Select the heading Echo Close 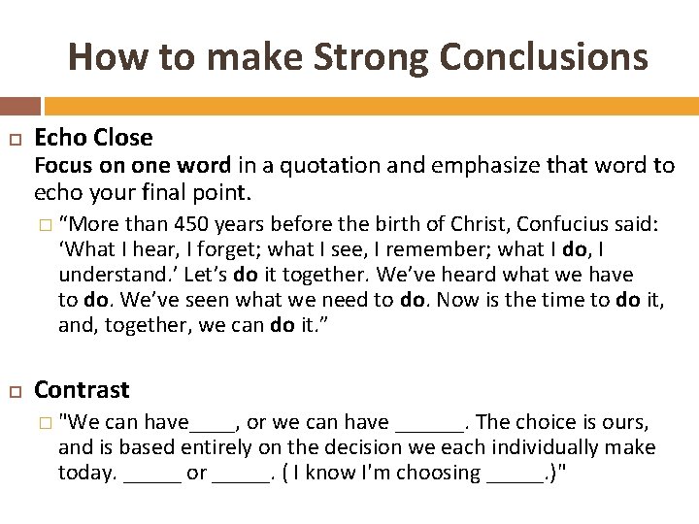click(93, 138)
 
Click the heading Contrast click(82, 390)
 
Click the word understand click(101, 276)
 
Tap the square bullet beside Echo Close click(14, 140)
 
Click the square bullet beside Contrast click(14, 391)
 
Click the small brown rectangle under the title click(20, 105)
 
